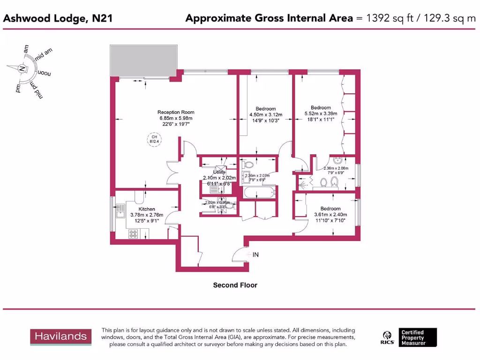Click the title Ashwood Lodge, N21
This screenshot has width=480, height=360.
coord(58,18)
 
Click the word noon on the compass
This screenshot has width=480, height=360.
coord(45,74)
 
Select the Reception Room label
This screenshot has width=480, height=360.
coord(176,112)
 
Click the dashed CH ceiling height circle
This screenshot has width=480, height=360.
coord(153,139)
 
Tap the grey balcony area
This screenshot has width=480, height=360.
coord(144,61)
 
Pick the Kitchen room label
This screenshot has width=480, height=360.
coord(147,209)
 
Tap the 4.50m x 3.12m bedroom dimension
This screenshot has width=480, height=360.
coord(266,114)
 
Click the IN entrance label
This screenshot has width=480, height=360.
coord(255,255)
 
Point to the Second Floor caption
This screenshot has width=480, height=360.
coord(235,285)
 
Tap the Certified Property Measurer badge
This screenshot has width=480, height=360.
coord(418,337)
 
